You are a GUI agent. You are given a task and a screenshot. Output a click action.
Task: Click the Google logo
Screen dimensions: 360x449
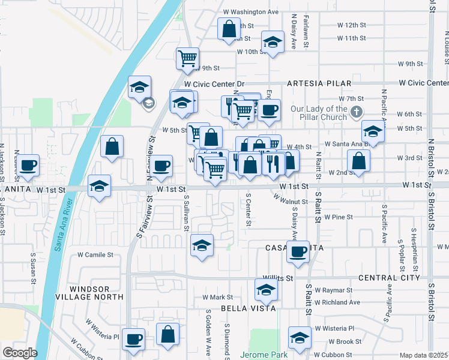[19, 353]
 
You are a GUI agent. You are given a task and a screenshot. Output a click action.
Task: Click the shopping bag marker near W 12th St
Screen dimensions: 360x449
[229, 29]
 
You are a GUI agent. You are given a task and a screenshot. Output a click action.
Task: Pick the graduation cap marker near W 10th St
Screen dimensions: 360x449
[273, 43]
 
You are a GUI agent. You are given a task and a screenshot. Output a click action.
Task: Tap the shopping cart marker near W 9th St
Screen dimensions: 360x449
[188, 59]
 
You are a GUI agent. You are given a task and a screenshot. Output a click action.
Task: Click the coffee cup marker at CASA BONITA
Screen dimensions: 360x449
[298, 252]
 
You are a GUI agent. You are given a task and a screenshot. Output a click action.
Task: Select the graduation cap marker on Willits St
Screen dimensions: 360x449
[266, 290]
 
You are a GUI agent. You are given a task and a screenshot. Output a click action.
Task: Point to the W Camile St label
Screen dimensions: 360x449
[95, 254]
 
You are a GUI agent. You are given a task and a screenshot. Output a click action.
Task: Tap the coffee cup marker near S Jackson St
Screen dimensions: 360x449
[28, 165]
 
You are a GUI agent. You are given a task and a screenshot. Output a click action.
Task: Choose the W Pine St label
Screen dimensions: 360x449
[339, 217]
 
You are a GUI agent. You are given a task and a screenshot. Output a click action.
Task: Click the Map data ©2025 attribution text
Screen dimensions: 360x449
[424, 355]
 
